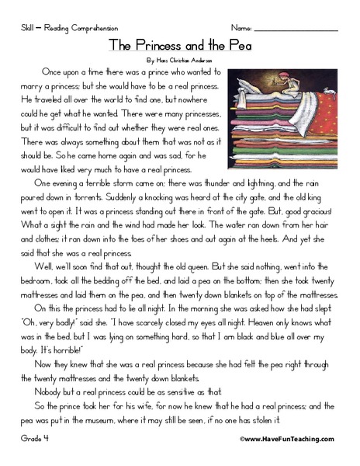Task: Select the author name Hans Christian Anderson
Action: tap(179, 59)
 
